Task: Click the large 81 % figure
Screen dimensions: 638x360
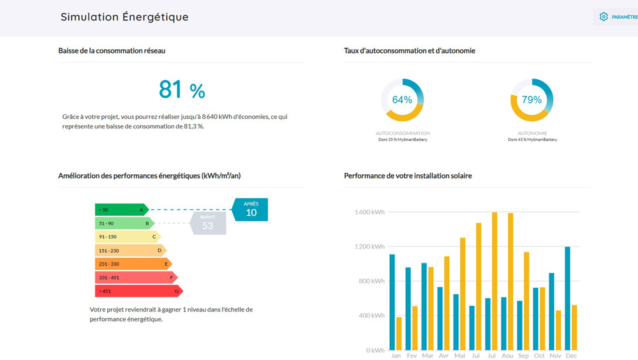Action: pos(182,89)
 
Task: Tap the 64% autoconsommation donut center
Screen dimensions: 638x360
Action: pos(402,100)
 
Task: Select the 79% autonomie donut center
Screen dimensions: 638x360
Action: pos(532,100)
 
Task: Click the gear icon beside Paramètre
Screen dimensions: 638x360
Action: pos(604,17)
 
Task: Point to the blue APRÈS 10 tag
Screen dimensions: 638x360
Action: pos(250,209)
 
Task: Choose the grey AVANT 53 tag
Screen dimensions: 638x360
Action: pos(207,223)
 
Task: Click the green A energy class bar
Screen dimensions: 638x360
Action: pos(122,210)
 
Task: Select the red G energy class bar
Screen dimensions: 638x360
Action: pos(138,291)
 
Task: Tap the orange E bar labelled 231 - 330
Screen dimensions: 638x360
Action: pos(133,264)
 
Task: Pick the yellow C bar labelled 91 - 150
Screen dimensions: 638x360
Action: pos(128,237)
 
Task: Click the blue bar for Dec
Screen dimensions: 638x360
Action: pos(568,299)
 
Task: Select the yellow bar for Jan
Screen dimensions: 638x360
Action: pos(399,334)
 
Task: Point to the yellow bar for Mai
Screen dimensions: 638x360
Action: pos(463,294)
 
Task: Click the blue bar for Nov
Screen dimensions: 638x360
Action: pos(552,311)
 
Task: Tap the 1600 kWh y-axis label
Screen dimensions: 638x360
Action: pos(369,212)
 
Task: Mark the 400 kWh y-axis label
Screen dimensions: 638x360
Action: pos(371,315)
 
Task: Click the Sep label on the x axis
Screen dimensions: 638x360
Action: pos(523,356)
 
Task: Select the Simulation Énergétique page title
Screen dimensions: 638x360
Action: pos(124,17)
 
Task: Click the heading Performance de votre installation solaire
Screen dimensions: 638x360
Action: pos(408,176)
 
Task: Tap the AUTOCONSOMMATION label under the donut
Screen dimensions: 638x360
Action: pos(403,133)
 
